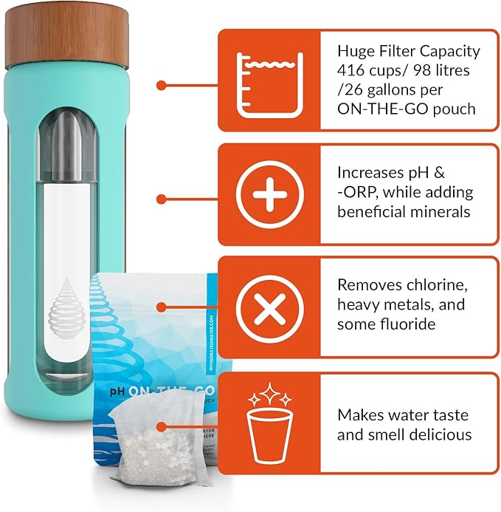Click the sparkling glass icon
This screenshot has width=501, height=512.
point(269,421)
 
